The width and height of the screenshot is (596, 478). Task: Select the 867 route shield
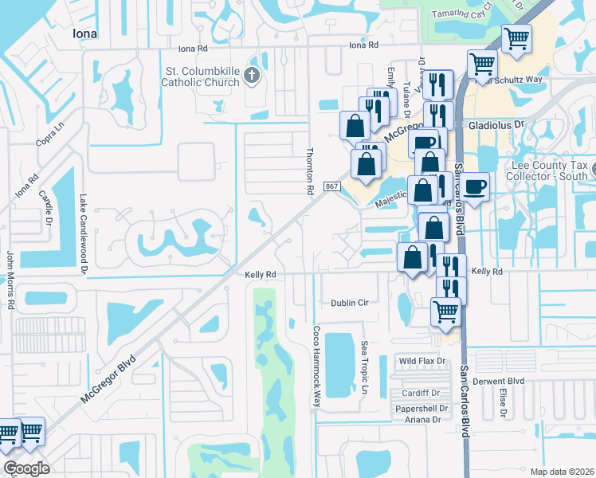(332, 186)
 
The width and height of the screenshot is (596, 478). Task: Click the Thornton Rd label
(310, 170)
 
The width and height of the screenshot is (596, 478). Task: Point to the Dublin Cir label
(350, 303)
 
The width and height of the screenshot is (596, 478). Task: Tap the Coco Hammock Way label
(316, 366)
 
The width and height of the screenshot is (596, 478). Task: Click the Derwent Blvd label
(499, 381)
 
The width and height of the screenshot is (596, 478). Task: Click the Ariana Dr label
(422, 420)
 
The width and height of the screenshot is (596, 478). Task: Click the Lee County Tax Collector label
(549, 170)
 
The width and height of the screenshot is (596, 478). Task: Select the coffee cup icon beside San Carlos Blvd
(476, 187)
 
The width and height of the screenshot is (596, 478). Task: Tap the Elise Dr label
(503, 402)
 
